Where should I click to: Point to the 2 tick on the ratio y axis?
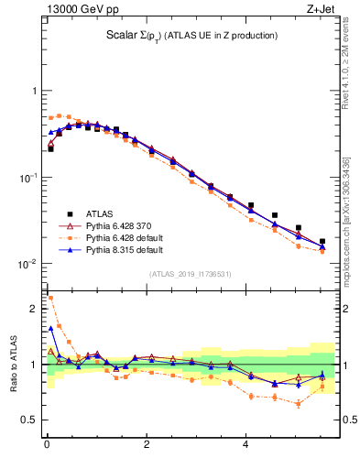point(36,309)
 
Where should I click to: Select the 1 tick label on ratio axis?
point(36,365)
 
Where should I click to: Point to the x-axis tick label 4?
point(245,446)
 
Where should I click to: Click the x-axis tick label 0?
point(47,446)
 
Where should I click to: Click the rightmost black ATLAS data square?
point(322,242)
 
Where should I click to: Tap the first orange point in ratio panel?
point(50,298)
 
